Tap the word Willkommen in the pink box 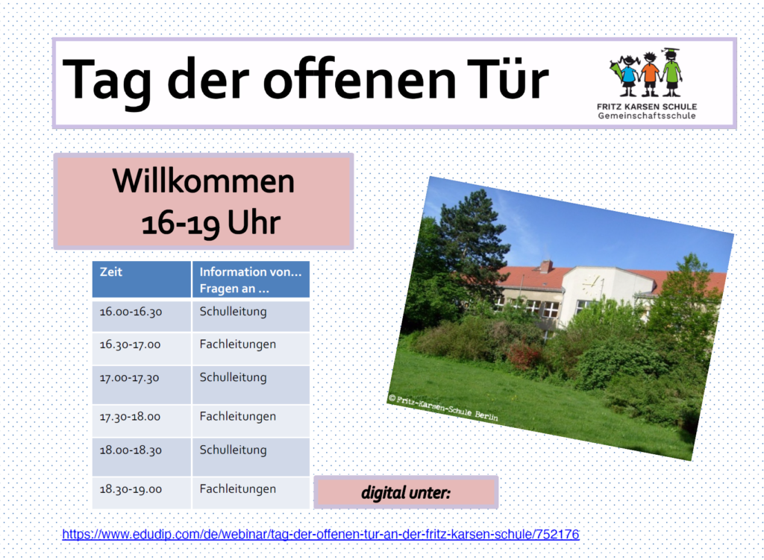(x=204, y=180)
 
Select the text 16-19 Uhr (x=211, y=222)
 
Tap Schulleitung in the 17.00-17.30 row (x=233, y=378)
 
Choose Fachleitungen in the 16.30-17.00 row (x=238, y=345)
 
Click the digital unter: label (x=406, y=493)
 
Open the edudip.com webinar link (x=321, y=534)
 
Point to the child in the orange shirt (x=650, y=74)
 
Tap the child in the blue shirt (x=627, y=75)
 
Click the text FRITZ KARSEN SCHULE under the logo (x=647, y=107)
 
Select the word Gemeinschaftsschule (x=647, y=116)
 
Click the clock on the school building (x=592, y=285)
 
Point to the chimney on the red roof (x=546, y=266)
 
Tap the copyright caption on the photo (x=443, y=408)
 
